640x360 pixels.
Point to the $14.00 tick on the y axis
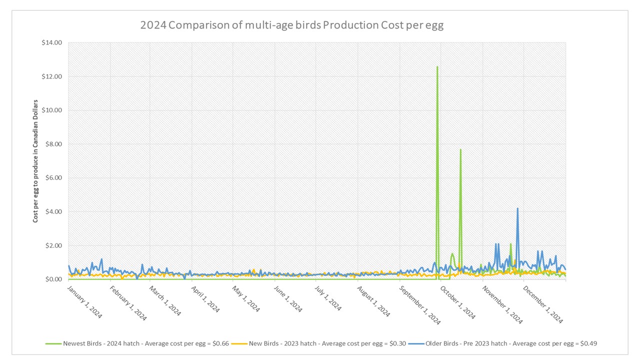click(52, 43)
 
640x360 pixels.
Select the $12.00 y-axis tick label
click(52, 76)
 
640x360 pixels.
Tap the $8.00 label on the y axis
click(53, 144)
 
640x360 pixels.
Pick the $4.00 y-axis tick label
click(53, 211)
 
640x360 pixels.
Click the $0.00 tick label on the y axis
click(53, 279)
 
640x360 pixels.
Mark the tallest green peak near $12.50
click(437, 67)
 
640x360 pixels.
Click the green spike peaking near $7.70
click(460, 149)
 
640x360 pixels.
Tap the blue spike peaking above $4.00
click(517, 208)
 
